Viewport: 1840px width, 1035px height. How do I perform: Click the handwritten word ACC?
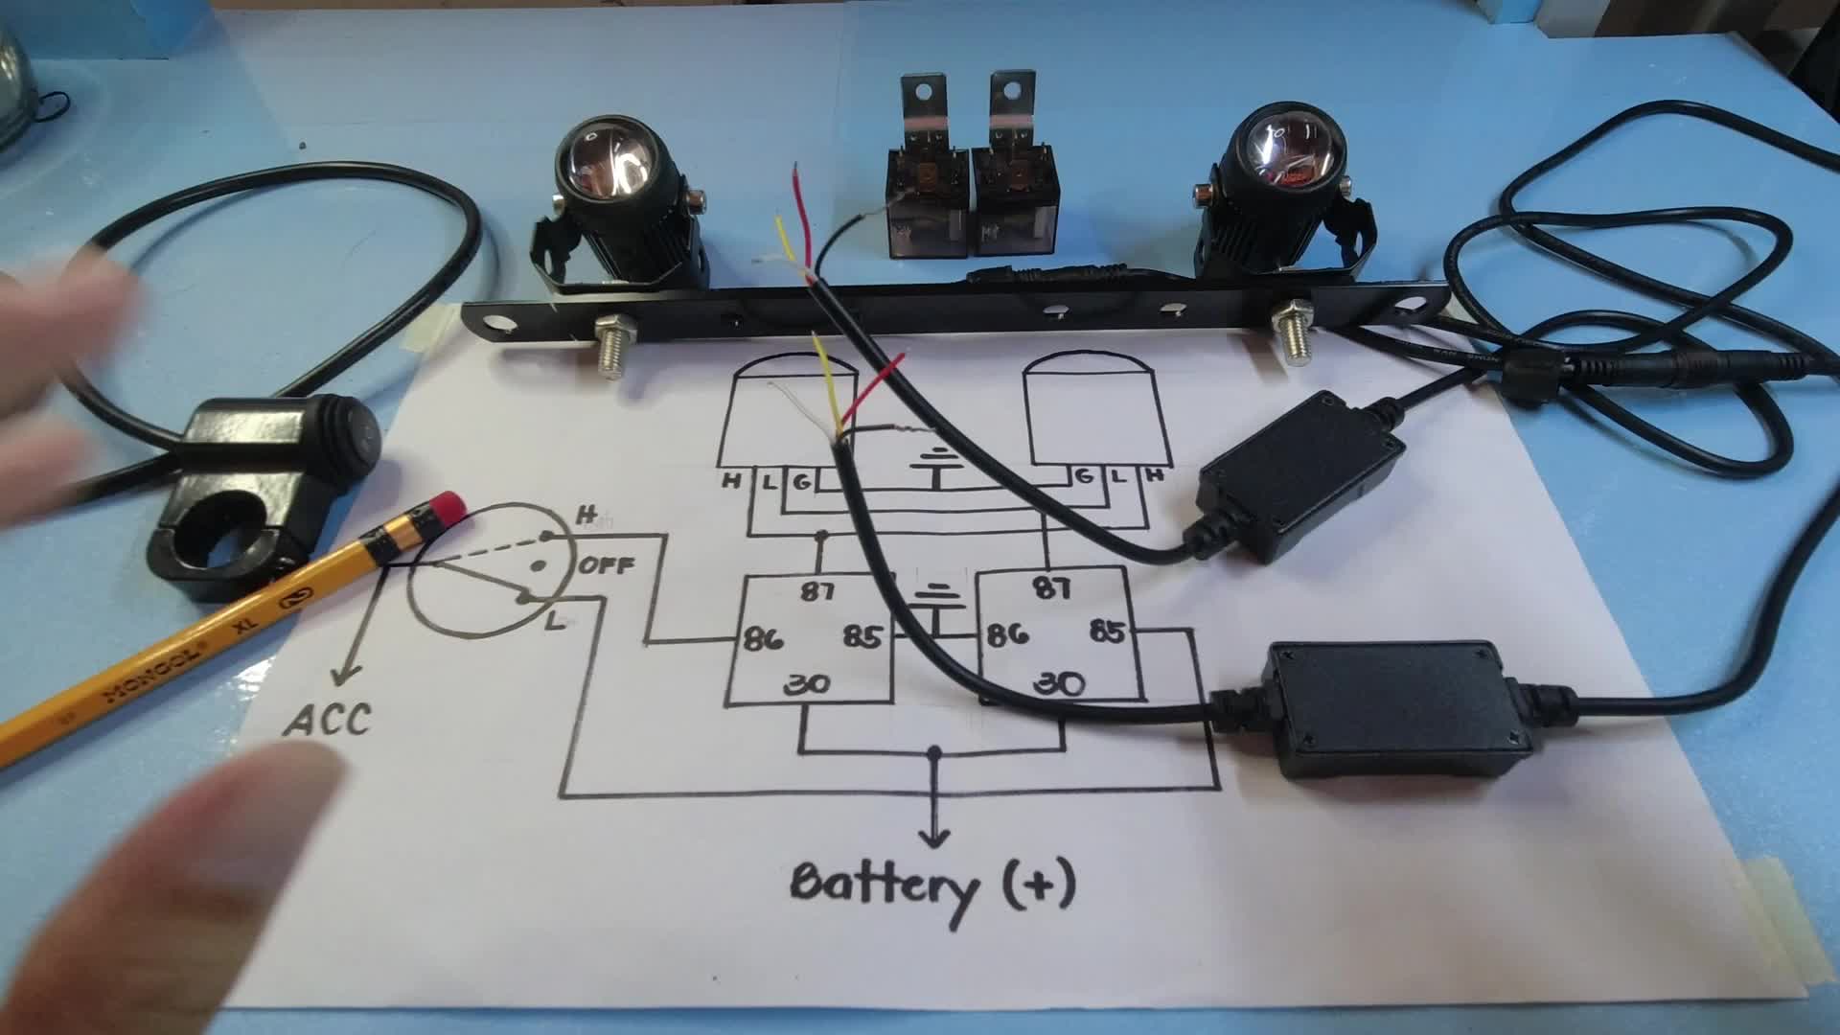(x=328, y=720)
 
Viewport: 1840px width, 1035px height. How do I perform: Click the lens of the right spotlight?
(x=1288, y=152)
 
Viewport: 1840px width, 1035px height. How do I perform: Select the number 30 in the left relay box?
(x=806, y=684)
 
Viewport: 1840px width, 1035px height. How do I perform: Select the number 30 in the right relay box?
(x=1060, y=682)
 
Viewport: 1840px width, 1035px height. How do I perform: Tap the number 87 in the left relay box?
(x=816, y=591)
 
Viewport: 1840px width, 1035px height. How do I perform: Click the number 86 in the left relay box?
(x=765, y=637)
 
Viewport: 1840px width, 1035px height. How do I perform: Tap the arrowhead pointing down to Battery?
(x=934, y=835)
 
